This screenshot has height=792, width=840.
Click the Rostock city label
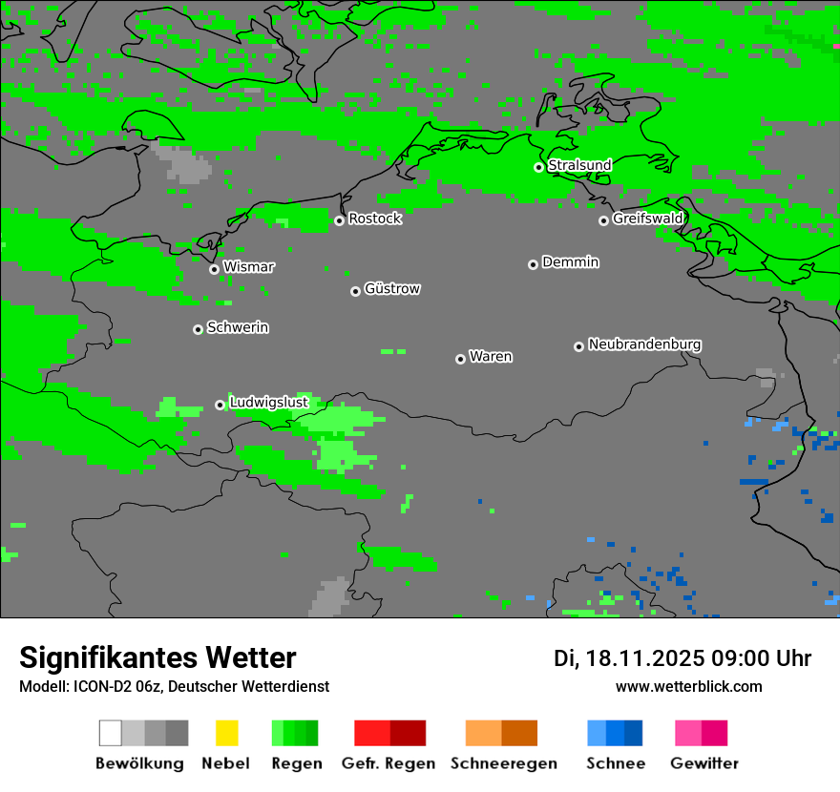click(x=375, y=219)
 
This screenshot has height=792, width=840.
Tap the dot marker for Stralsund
click(x=538, y=167)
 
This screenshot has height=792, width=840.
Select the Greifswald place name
click(x=647, y=219)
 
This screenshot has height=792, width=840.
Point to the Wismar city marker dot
click(x=214, y=269)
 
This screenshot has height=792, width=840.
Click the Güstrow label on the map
click(x=392, y=288)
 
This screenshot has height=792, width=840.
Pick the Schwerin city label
click(x=238, y=327)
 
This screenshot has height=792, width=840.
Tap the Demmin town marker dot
click(x=533, y=264)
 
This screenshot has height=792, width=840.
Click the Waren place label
click(x=491, y=357)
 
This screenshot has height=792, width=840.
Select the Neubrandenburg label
click(x=644, y=344)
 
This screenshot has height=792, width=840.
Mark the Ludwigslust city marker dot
click(x=220, y=405)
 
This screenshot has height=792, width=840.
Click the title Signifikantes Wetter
click(x=157, y=658)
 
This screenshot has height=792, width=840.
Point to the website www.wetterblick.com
click(x=688, y=687)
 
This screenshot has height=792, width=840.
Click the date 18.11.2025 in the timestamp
click(x=645, y=658)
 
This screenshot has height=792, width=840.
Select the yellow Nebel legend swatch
click(x=226, y=733)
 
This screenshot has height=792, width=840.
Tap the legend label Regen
click(x=295, y=763)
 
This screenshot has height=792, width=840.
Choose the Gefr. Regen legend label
click(x=388, y=763)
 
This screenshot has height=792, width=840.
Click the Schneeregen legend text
click(x=504, y=763)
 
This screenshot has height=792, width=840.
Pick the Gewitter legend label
click(x=704, y=763)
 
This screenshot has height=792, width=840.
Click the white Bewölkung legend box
click(x=111, y=733)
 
